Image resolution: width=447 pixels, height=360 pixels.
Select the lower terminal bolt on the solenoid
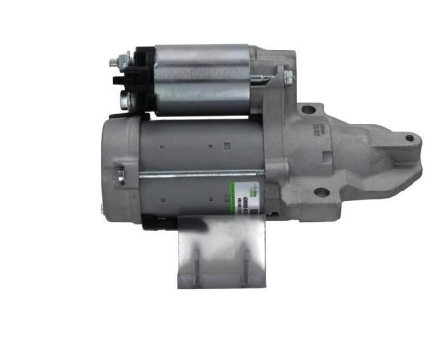[124, 99]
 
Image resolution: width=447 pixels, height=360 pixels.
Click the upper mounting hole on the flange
[307, 110]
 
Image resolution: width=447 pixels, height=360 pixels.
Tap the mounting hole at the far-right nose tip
[409, 140]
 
